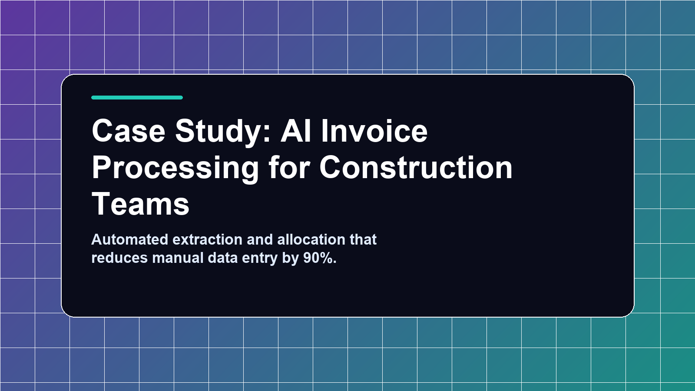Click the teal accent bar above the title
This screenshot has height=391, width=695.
point(137,98)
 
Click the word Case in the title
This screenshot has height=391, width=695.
point(129,131)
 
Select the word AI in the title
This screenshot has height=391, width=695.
point(296,131)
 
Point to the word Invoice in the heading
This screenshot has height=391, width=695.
point(374,131)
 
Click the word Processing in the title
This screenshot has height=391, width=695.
point(175,168)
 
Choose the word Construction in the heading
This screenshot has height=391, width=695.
point(416,168)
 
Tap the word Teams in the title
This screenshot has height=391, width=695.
point(141,204)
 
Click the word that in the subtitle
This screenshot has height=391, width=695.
point(363,239)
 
